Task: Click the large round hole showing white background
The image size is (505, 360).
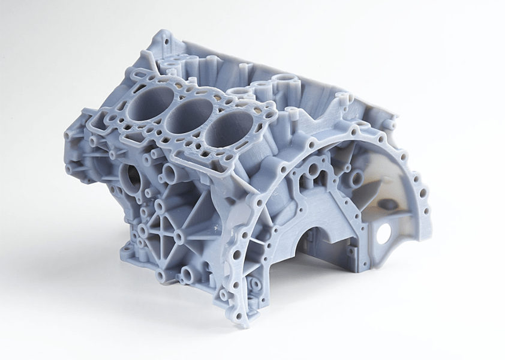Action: pyautogui.click(x=383, y=232)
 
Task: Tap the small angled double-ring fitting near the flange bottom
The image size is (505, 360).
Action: pyautogui.click(x=252, y=283)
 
